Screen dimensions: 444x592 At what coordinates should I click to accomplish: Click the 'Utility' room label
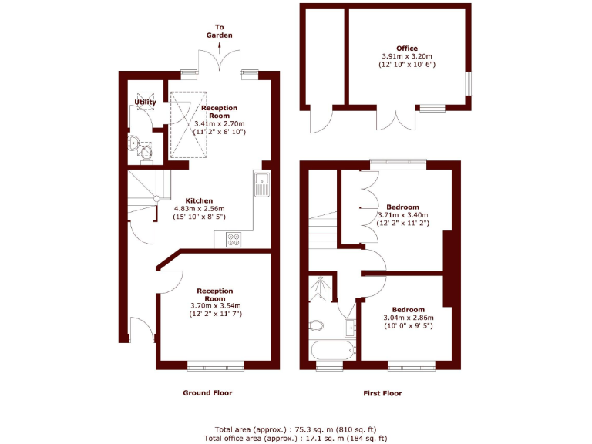pyautogui.click(x=145, y=102)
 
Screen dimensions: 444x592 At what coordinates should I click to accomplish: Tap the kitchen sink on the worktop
pyautogui.click(x=261, y=185)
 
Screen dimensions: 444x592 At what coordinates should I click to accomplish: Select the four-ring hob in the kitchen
pyautogui.click(x=234, y=240)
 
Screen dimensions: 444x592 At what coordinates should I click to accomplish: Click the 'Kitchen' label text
pyautogui.click(x=199, y=200)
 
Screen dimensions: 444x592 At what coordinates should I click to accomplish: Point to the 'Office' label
pyautogui.click(x=407, y=49)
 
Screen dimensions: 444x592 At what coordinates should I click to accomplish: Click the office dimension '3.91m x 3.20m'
pyautogui.click(x=407, y=57)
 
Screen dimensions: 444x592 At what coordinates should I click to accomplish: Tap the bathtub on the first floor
pyautogui.click(x=332, y=350)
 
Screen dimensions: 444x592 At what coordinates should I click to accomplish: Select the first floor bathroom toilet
pyautogui.click(x=317, y=325)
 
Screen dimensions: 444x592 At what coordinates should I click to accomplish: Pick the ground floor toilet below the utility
pyautogui.click(x=146, y=150)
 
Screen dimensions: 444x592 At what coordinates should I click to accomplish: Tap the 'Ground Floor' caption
pyautogui.click(x=207, y=393)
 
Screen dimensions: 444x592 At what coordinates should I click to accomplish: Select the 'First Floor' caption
pyautogui.click(x=382, y=393)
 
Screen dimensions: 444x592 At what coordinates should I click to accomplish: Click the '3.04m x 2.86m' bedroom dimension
pyautogui.click(x=408, y=318)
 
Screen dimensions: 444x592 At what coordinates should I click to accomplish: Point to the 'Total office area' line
pyautogui.click(x=296, y=438)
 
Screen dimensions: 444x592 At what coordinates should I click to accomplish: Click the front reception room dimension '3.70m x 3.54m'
pyautogui.click(x=215, y=306)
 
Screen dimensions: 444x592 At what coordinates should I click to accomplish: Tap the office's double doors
pyautogui.click(x=390, y=119)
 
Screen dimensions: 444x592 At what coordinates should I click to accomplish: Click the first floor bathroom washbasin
pyautogui.click(x=351, y=327)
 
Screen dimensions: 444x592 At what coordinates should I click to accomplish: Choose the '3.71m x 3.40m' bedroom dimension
pyautogui.click(x=402, y=215)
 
